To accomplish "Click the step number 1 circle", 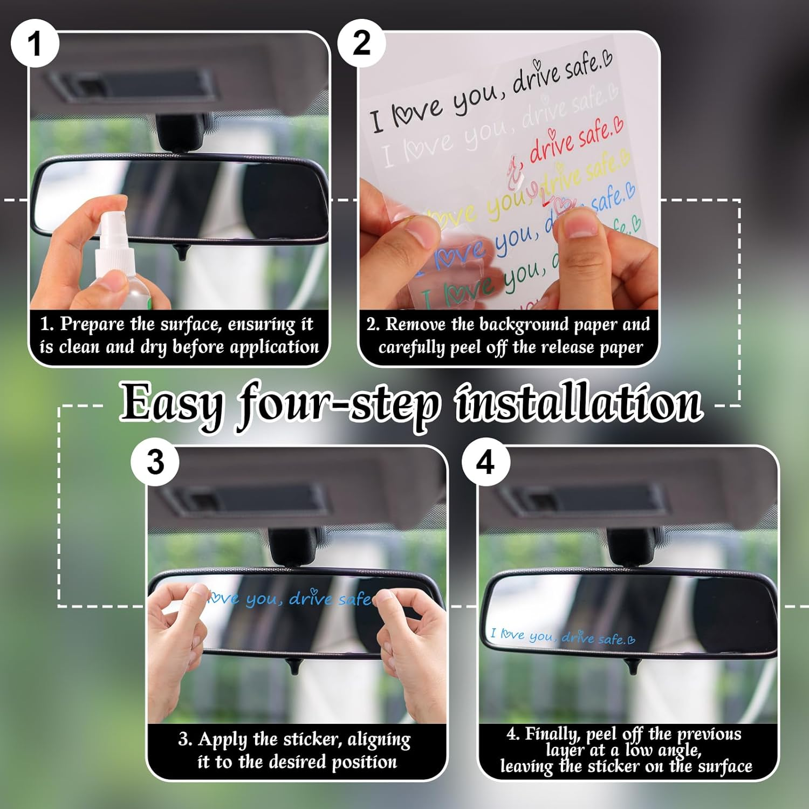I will (x=35, y=43).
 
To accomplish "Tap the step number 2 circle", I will (x=361, y=43).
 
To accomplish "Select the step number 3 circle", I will (x=155, y=462).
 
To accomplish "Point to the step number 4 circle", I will (x=485, y=462).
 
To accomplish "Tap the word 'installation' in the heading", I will (x=578, y=403).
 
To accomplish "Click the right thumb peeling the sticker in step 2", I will (x=580, y=227).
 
